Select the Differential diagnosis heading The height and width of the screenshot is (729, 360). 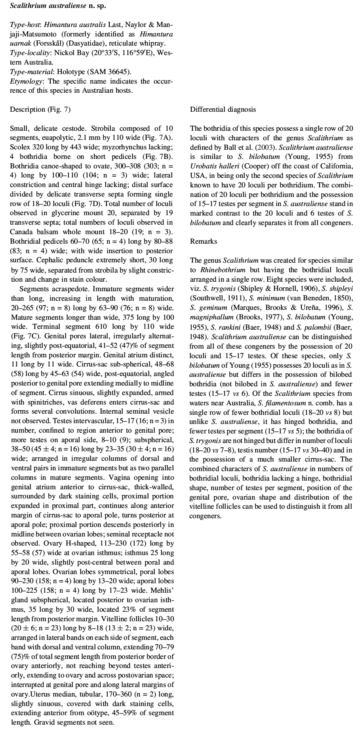point(223,109)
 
